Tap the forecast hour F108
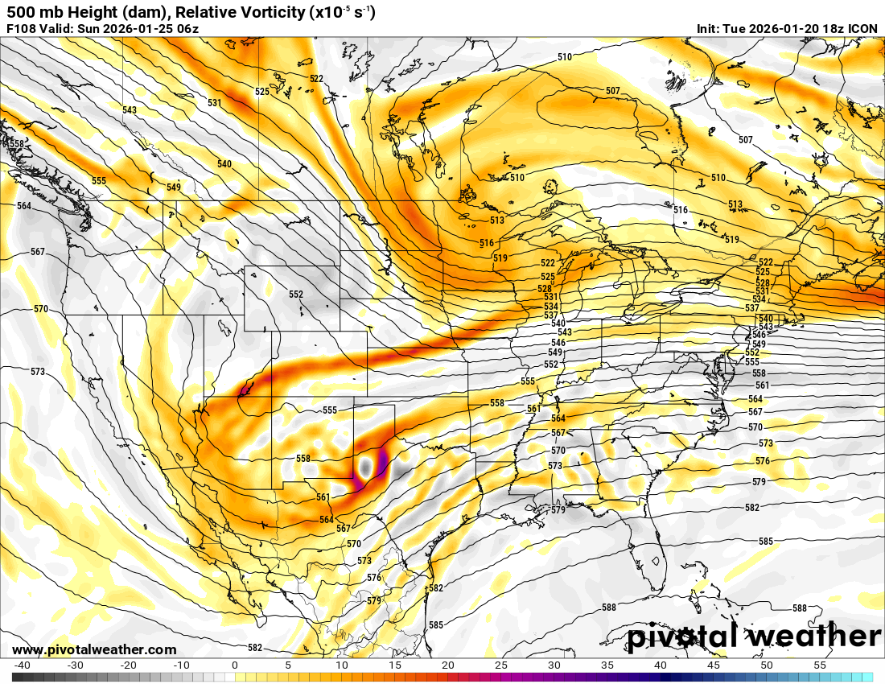click(22, 29)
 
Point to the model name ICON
click(863, 29)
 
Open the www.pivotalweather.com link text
click(94, 650)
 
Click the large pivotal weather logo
click(755, 637)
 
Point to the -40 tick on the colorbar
click(22, 665)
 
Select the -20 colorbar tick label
click(128, 665)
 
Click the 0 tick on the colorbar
click(234, 665)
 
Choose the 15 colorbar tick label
click(394, 665)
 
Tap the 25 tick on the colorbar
click(500, 665)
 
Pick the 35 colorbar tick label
click(607, 665)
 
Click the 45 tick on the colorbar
click(713, 665)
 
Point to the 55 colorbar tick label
click(819, 665)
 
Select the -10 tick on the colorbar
click(181, 665)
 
